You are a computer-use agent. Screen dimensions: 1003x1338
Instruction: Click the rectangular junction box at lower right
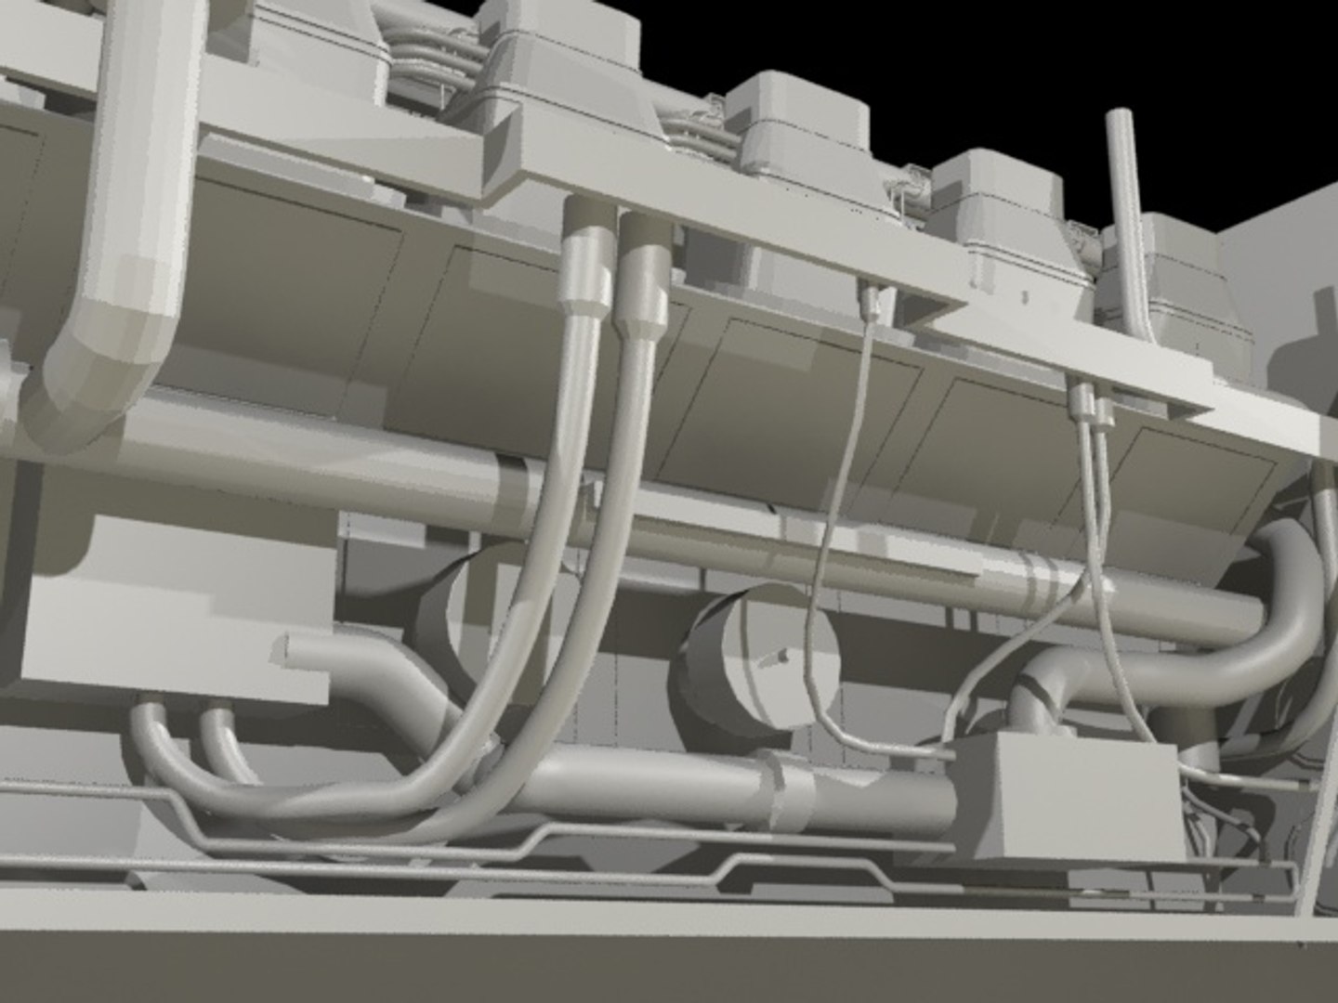(x=1059, y=789)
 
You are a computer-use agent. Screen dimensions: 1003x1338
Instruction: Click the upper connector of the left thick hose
(x=585, y=269)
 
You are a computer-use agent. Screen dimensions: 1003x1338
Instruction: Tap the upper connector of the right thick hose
(x=641, y=279)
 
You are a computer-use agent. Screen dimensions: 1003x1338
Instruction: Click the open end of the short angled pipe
(x=283, y=650)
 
